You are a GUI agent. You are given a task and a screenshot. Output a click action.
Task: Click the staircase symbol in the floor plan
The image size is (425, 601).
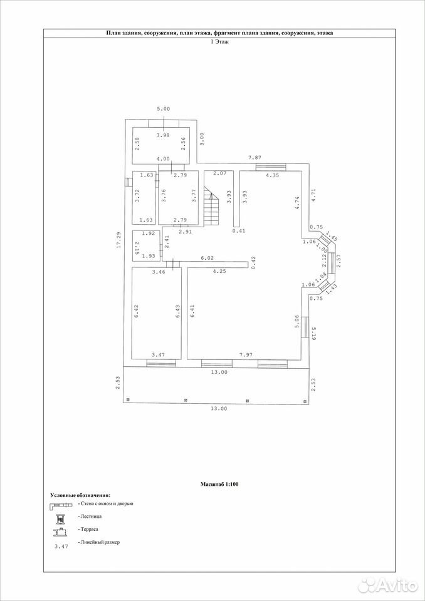[x=211, y=207]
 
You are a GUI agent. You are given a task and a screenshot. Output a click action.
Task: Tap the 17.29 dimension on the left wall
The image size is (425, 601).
[x=118, y=240]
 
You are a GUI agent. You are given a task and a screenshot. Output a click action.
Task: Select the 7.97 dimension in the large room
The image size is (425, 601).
[x=246, y=356]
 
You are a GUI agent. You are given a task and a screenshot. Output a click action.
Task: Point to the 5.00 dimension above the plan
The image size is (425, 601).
[x=163, y=109]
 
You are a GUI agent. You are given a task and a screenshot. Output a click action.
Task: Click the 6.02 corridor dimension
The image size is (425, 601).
[x=207, y=259]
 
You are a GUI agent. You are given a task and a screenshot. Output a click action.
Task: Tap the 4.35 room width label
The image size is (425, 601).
[x=272, y=175]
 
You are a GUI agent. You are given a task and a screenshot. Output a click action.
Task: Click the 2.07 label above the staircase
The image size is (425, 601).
[x=219, y=173]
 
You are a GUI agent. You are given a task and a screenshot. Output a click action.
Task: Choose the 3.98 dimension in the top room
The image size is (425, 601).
[x=163, y=135]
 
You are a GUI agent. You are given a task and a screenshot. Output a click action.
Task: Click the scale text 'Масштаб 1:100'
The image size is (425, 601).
[x=219, y=484]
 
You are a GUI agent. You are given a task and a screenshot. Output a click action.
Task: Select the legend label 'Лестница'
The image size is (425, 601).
[x=90, y=516]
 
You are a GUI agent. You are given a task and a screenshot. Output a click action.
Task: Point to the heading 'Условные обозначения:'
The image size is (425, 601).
[x=80, y=495]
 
